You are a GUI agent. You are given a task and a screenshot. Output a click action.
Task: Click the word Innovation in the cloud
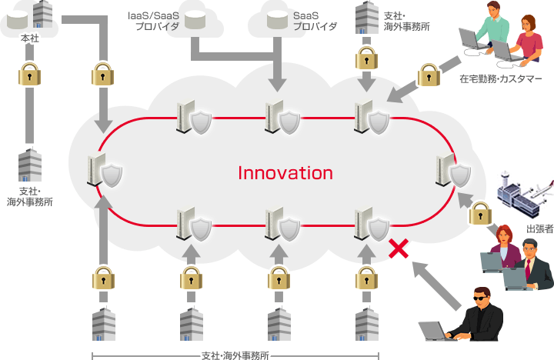[x=285, y=173]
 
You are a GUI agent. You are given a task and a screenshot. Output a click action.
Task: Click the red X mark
[x=398, y=248]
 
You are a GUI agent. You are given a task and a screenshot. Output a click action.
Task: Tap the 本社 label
[x=30, y=37]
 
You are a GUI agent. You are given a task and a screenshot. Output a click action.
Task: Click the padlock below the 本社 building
[x=29, y=76]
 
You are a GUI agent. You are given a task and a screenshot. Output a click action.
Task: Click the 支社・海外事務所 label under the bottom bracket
[x=235, y=355]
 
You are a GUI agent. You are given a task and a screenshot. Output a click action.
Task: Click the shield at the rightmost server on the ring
[x=459, y=174]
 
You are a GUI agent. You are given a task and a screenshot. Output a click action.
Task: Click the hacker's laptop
[x=435, y=331]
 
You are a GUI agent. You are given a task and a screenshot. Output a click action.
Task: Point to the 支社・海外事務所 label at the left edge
[x=29, y=195]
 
